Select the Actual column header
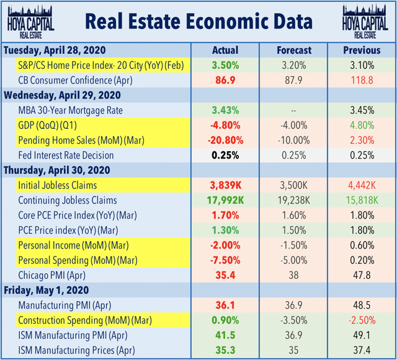coord(225,50)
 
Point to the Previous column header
coord(362,50)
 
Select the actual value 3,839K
coord(225,185)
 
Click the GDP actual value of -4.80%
coord(225,125)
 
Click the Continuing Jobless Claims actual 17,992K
coord(225,200)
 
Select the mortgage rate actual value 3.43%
coord(225,110)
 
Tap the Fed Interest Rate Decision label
coord(66,155)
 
